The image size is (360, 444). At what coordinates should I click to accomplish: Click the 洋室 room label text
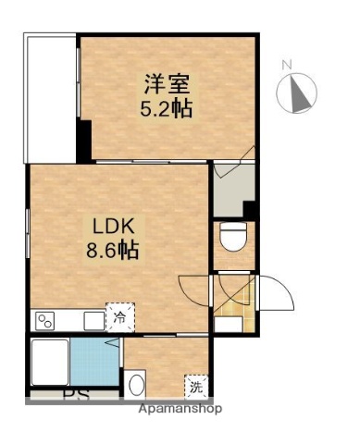pyautogui.click(x=167, y=83)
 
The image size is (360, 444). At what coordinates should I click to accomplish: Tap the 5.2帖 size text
pyautogui.click(x=167, y=107)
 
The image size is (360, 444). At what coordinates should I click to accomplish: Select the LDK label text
pyautogui.click(x=115, y=226)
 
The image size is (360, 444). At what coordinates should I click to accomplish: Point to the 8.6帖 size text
pyautogui.click(x=115, y=249)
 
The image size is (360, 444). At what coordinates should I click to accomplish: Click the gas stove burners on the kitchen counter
pyautogui.click(x=44, y=321)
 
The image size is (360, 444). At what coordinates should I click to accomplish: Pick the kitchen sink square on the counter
pyautogui.click(x=93, y=321)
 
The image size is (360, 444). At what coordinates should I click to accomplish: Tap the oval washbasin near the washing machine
pyautogui.click(x=137, y=383)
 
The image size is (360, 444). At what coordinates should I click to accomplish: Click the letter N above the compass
pyautogui.click(x=287, y=65)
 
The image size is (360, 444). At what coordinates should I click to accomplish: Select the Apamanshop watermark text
pyautogui.click(x=180, y=408)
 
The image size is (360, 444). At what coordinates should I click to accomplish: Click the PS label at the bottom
pyautogui.click(x=72, y=401)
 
